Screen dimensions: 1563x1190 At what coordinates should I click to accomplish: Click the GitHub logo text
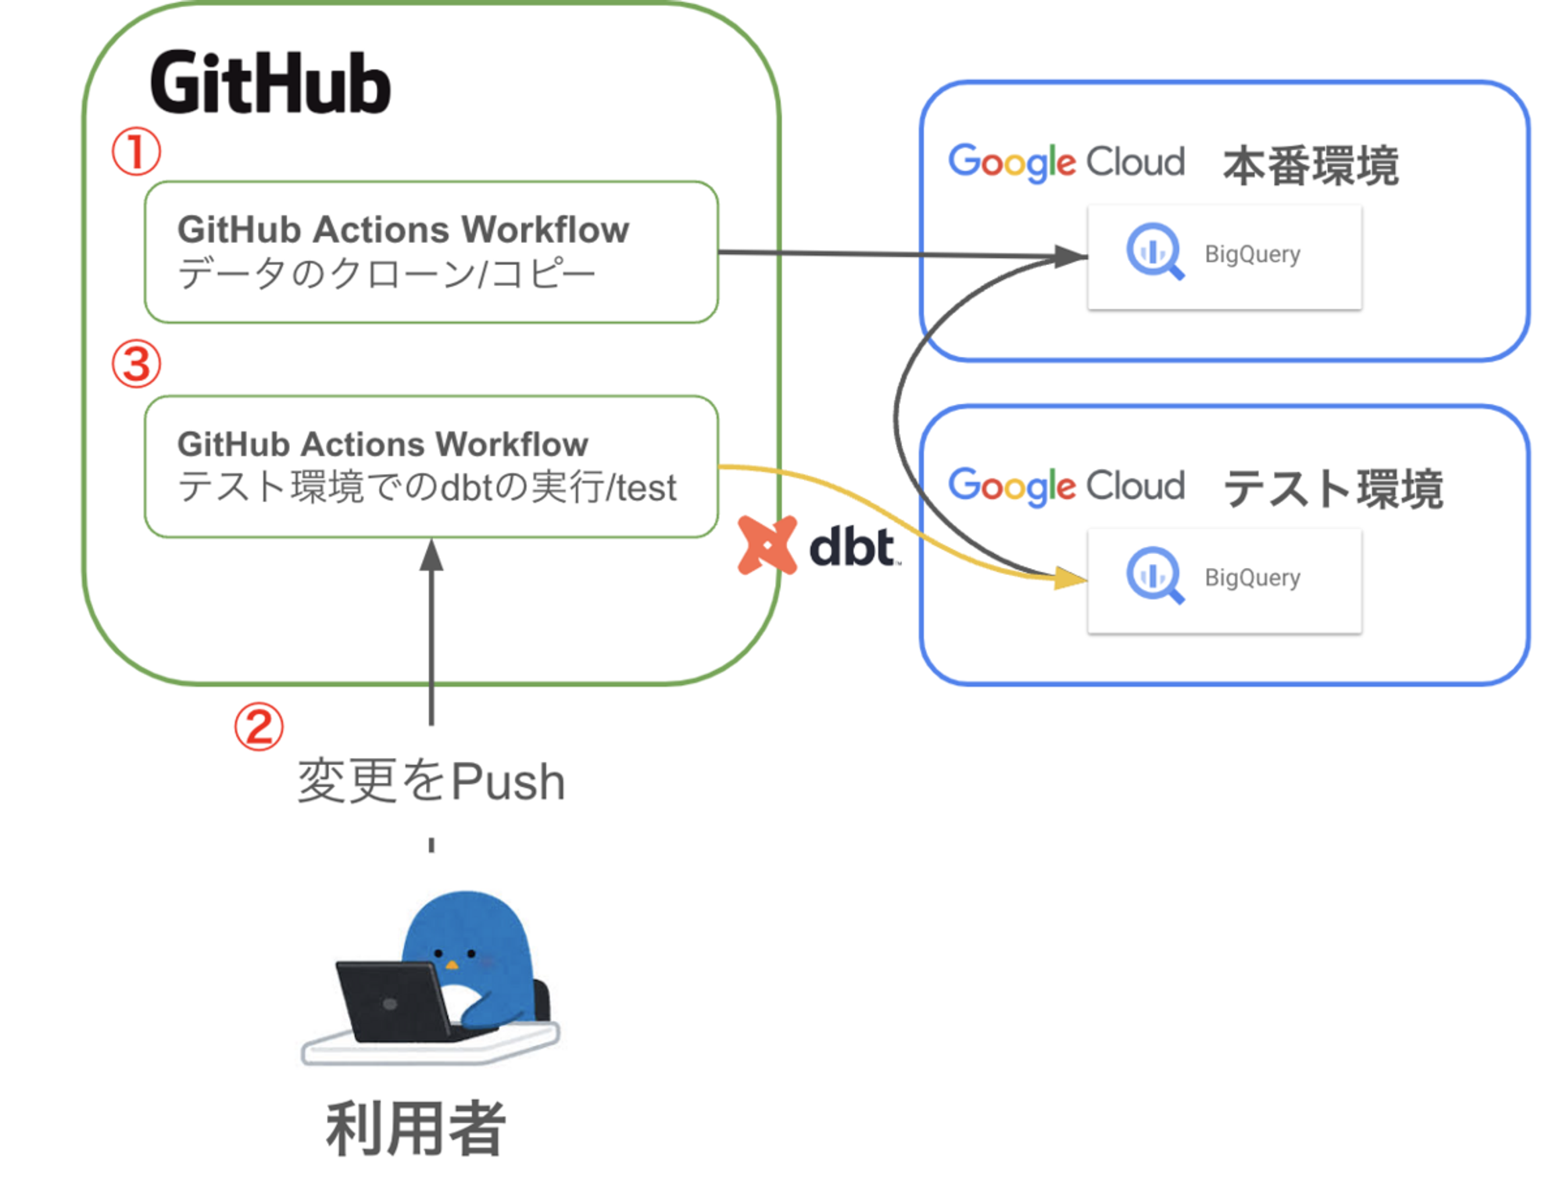click(270, 83)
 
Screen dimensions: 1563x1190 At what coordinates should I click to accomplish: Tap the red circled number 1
click(136, 151)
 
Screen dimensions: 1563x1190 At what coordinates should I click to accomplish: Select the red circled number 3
click(137, 364)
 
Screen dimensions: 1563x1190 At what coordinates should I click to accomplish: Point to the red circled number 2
click(259, 727)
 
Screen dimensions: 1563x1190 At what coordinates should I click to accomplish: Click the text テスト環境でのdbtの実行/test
click(427, 487)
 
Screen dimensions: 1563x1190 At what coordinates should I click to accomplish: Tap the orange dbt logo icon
click(767, 545)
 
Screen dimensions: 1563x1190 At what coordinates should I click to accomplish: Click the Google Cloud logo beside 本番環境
click(1067, 163)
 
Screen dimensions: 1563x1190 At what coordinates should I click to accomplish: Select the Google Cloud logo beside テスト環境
click(1067, 487)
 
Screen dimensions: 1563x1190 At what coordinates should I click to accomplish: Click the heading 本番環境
click(1311, 166)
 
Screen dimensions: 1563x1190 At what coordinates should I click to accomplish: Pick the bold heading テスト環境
click(1333, 489)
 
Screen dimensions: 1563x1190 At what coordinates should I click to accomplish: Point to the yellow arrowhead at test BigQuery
click(1070, 578)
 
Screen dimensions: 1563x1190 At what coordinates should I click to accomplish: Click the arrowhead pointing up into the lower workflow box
click(431, 555)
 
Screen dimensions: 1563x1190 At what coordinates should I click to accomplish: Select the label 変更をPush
click(431, 781)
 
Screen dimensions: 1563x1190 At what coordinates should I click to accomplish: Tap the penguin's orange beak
click(451, 965)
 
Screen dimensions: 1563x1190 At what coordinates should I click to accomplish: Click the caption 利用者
click(416, 1128)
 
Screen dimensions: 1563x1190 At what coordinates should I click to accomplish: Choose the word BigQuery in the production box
click(1252, 255)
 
